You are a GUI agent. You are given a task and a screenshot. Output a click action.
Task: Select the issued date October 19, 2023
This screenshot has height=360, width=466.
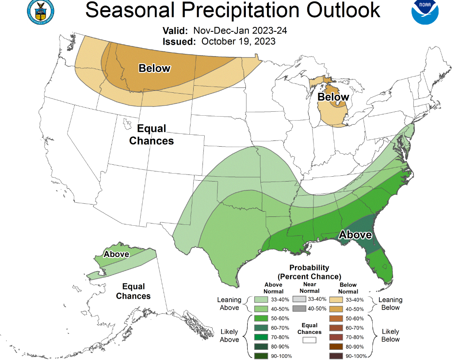238,42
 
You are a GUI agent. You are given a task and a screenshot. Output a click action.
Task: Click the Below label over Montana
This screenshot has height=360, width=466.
154,68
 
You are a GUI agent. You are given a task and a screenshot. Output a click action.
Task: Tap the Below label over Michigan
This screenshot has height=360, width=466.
333,97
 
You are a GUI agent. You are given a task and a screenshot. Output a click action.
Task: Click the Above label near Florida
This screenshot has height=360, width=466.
355,235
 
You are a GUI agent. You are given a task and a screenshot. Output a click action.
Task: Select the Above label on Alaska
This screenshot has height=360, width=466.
116,254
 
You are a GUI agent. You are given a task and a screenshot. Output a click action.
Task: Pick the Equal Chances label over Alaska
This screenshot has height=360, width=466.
133,292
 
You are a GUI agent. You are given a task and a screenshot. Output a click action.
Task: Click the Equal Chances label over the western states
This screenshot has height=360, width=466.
152,135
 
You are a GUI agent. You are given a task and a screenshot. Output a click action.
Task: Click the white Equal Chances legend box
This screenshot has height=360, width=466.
309,341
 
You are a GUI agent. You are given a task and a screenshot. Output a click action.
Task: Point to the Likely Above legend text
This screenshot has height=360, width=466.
229,336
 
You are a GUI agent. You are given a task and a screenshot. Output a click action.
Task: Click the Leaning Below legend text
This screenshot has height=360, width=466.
390,304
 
